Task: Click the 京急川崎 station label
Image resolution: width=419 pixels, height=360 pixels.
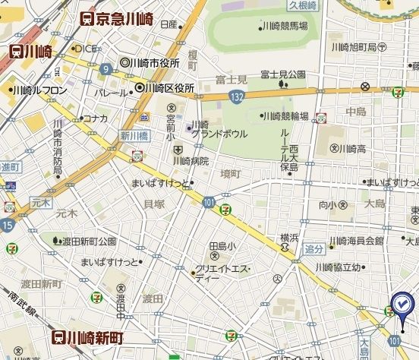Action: coord(119,19)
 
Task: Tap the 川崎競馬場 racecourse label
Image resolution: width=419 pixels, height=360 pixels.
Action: coord(283,27)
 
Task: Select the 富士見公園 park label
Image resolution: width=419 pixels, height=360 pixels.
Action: coord(282,74)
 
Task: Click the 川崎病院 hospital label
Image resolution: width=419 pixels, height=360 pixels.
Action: coord(190,160)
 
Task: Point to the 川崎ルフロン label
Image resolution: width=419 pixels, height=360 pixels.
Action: coord(38,90)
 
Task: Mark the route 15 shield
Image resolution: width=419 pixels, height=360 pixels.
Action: coord(8,225)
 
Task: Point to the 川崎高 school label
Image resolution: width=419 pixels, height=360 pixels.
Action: coord(353,148)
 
